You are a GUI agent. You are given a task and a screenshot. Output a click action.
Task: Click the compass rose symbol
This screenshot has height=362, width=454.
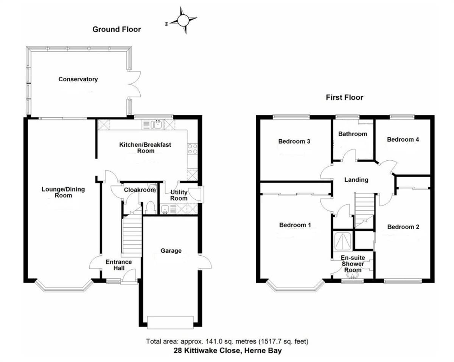point(183,20)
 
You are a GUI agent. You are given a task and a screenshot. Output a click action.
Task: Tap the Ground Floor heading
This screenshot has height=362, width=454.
point(117,30)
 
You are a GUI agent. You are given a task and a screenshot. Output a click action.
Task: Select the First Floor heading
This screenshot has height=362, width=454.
point(344,98)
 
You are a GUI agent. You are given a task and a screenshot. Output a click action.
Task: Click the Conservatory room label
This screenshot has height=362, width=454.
point(78,79)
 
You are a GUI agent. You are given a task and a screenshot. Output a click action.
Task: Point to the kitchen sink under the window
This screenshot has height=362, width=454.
point(156,124)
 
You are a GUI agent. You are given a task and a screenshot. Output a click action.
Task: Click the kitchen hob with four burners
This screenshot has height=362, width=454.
point(192,149)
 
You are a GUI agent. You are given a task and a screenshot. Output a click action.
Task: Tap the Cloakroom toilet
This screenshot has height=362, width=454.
point(150,207)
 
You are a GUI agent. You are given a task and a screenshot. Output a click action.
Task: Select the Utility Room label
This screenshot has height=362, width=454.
point(179,195)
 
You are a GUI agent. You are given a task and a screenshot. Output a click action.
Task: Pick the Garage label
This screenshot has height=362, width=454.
point(171,251)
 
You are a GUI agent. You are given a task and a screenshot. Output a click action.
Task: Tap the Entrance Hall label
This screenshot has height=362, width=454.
point(118,265)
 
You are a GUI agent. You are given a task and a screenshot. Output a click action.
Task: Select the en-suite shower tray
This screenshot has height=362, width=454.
point(342,241)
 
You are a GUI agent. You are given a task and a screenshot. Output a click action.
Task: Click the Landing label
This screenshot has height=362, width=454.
point(356,180)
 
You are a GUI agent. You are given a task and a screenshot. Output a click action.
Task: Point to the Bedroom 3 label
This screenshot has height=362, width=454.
point(294,141)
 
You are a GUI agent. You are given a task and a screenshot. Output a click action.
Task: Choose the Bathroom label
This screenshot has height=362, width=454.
point(352,134)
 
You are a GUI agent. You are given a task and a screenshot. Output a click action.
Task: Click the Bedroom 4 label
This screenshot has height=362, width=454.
point(403,140)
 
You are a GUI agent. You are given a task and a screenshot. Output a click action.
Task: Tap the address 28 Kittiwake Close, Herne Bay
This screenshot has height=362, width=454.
point(227,351)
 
